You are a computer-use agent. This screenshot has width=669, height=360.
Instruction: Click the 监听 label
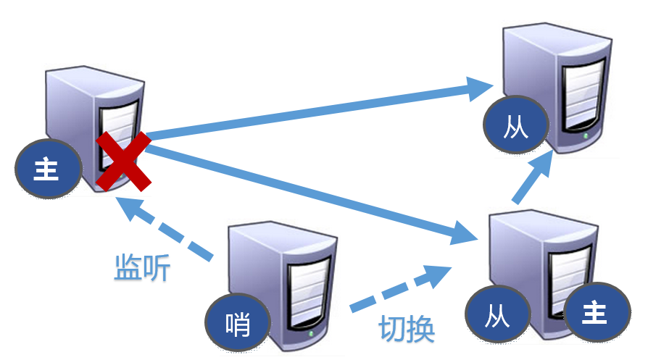(142, 269)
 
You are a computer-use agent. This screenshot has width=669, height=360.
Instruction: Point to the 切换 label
(407, 330)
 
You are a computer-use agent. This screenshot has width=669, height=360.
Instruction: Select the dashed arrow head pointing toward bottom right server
(438, 276)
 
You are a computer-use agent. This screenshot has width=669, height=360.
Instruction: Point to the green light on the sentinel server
(312, 335)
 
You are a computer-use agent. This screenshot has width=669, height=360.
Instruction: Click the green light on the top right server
(584, 135)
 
